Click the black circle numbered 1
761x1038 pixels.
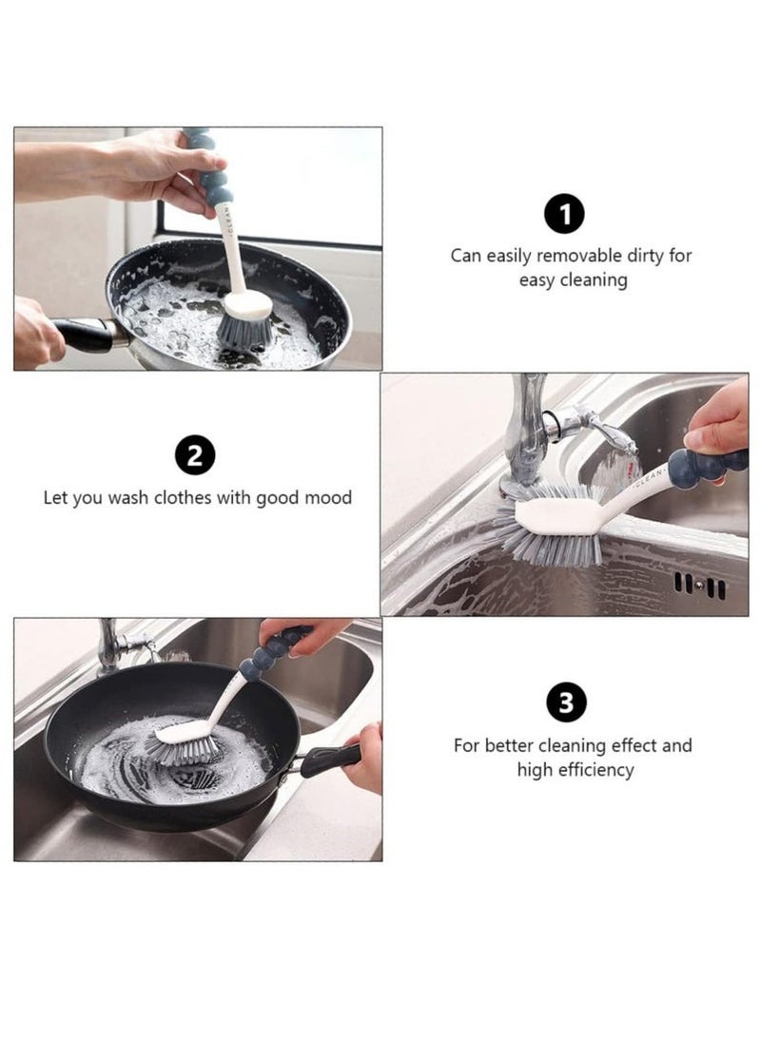[564, 213]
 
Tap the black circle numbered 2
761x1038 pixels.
[195, 454]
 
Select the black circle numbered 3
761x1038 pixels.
[566, 702]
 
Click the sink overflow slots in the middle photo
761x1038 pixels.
[699, 586]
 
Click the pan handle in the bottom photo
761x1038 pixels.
[329, 759]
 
